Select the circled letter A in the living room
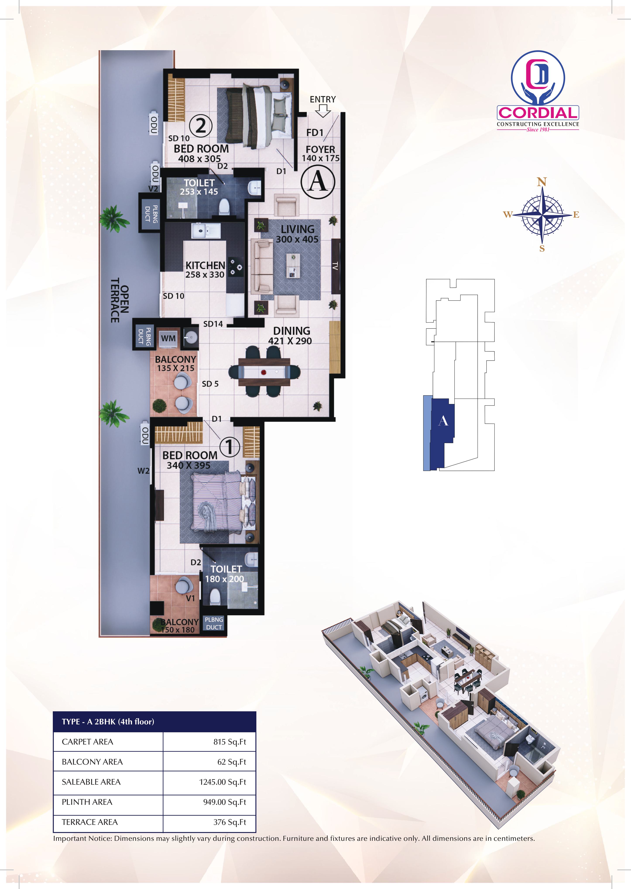(x=318, y=182)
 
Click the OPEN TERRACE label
(x=120, y=300)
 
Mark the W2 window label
(x=143, y=471)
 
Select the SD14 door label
(x=213, y=324)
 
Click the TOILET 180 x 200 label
(x=225, y=574)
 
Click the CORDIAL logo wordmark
(x=538, y=113)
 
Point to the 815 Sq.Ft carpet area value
(x=230, y=742)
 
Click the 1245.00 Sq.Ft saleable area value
(x=223, y=782)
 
